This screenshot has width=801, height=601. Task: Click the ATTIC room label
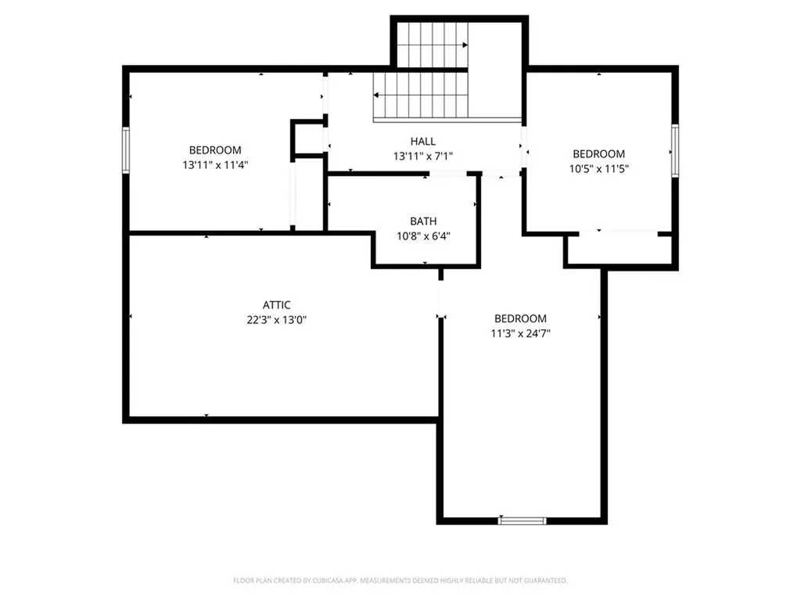point(276,305)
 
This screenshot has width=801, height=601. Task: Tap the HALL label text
point(423,141)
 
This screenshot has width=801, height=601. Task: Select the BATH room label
point(423,221)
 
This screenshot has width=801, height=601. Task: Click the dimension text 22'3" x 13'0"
point(276,320)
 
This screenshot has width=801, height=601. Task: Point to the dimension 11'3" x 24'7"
point(520,333)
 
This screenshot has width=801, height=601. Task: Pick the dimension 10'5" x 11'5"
point(598,169)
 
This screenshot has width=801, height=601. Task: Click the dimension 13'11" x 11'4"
point(215,165)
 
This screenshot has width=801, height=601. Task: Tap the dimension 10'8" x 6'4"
point(423,236)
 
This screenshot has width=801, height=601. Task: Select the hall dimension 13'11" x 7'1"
point(423,157)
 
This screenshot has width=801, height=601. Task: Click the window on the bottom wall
point(522,520)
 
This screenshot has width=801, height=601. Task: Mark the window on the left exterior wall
point(126,150)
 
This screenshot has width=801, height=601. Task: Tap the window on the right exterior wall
point(675,151)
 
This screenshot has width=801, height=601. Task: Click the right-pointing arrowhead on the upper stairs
point(465,45)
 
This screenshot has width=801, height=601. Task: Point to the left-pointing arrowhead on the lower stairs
point(376,95)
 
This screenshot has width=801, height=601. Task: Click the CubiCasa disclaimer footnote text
point(400,581)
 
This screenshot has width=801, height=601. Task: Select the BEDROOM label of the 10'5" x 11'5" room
point(598,154)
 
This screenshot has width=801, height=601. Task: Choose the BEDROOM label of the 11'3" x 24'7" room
point(520,318)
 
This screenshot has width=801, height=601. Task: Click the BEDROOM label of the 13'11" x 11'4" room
point(215,150)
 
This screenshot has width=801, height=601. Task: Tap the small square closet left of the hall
point(308,138)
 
